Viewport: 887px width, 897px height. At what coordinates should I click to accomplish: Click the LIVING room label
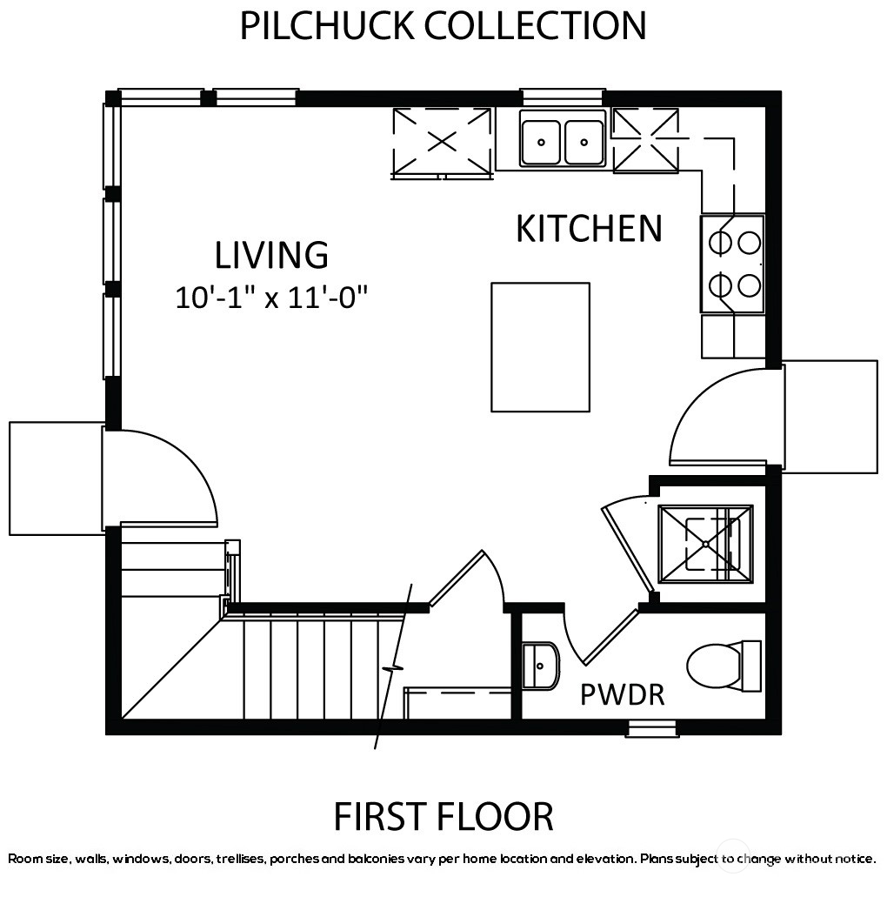(x=271, y=255)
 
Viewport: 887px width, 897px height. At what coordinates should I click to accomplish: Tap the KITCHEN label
(x=589, y=228)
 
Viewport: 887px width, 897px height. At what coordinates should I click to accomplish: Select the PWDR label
(x=623, y=694)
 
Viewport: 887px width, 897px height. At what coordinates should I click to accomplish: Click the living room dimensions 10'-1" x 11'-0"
(x=271, y=298)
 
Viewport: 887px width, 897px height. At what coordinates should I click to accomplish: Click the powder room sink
(x=540, y=666)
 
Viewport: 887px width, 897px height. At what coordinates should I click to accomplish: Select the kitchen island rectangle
(x=540, y=346)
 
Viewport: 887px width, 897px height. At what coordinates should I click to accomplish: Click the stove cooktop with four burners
(x=732, y=264)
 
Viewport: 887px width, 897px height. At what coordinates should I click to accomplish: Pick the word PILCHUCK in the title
(x=327, y=26)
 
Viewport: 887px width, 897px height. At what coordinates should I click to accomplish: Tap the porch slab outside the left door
(x=56, y=479)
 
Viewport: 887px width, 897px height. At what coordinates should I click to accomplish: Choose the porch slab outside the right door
(x=830, y=417)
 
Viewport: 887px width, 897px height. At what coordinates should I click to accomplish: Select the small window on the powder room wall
(x=652, y=728)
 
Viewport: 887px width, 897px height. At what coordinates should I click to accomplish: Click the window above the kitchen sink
(x=563, y=97)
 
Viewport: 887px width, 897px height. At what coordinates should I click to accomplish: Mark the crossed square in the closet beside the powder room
(x=706, y=544)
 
